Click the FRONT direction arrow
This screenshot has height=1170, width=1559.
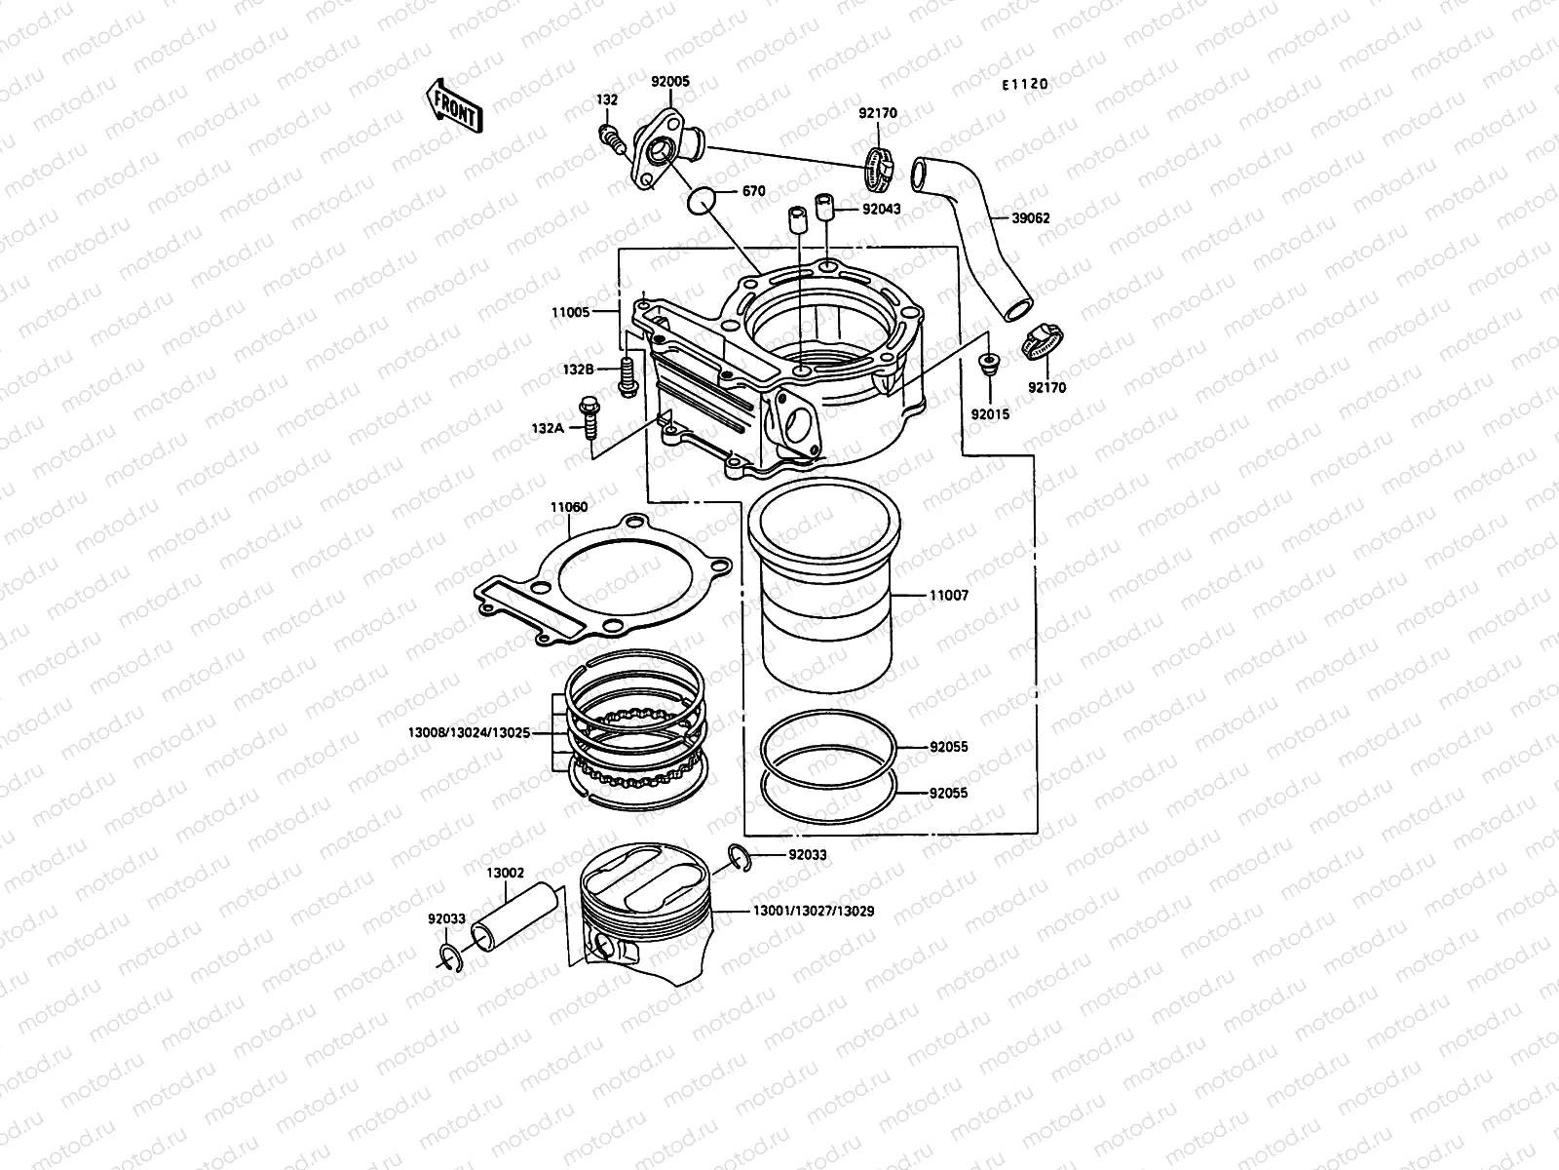(453, 105)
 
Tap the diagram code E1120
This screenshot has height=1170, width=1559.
(1024, 84)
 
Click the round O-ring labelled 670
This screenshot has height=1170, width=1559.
(703, 200)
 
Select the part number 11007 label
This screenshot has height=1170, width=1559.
(948, 595)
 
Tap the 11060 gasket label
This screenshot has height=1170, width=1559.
(568, 507)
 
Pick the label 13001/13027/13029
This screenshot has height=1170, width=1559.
(813, 911)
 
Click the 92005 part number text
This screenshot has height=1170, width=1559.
(669, 82)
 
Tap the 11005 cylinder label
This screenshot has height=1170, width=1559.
(570, 313)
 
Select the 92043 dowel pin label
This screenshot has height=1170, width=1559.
(882, 210)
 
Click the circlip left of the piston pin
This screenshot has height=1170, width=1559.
(449, 958)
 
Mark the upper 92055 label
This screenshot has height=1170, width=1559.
(948, 747)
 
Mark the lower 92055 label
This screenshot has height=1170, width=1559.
(948, 793)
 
